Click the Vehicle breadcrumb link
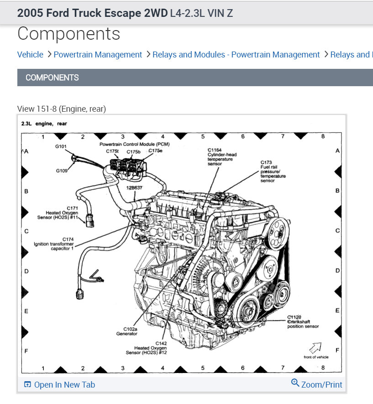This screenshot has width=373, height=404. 30,55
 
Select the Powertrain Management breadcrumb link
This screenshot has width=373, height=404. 98,55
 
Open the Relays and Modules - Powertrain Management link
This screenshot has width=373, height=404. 236,55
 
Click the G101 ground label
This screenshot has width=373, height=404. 61,147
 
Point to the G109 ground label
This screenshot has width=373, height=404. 62,171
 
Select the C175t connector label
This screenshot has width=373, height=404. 112,151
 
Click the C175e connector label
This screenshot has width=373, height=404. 155,150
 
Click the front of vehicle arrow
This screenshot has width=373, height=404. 315,348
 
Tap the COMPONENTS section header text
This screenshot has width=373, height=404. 52,78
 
